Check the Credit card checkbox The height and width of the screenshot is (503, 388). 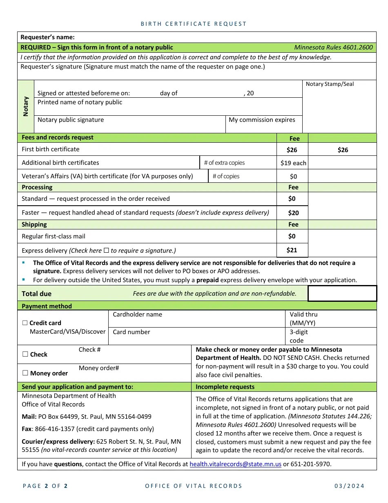point(25,323)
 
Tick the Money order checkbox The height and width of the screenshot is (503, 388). point(25,373)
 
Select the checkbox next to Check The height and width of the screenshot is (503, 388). point(25,355)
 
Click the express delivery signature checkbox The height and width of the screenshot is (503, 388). point(106,250)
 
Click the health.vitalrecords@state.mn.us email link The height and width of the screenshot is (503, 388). point(235,464)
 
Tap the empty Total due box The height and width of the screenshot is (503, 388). point(342,294)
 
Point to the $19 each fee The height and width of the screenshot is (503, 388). point(293,163)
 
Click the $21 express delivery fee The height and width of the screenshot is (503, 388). point(292,250)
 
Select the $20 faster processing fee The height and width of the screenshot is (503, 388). point(293,213)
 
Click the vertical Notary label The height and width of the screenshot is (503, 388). point(26,106)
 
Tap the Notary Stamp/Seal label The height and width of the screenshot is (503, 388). point(330,84)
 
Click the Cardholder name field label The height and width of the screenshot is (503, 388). point(137,314)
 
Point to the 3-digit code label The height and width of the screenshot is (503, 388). point(299,336)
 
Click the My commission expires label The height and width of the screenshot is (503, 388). point(262,120)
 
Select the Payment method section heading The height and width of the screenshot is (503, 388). point(47,306)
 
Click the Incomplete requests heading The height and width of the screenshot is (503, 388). point(225,387)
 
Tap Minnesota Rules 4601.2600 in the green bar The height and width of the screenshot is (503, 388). point(333,47)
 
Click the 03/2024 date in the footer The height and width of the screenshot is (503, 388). point(349,486)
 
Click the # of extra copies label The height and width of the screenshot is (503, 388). point(224,163)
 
